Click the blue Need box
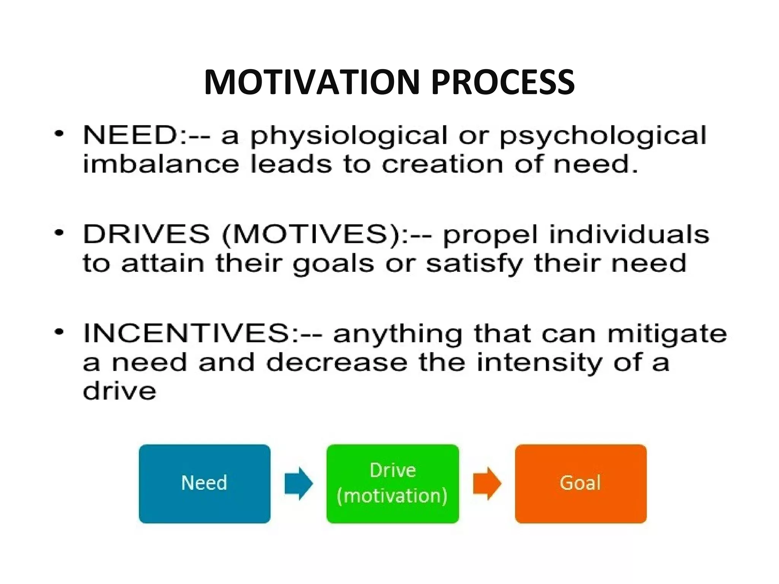pyautogui.click(x=205, y=484)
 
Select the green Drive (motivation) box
pyautogui.click(x=393, y=484)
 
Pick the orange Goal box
pyautogui.click(x=580, y=484)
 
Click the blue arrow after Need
pyautogui.click(x=299, y=484)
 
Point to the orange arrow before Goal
pyautogui.click(x=487, y=484)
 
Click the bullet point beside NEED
pyautogui.click(x=59, y=134)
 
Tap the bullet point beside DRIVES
pyautogui.click(x=59, y=233)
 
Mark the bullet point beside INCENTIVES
pyautogui.click(x=59, y=332)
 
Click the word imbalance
pyautogui.click(x=161, y=164)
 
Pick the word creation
pyautogui.click(x=442, y=164)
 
